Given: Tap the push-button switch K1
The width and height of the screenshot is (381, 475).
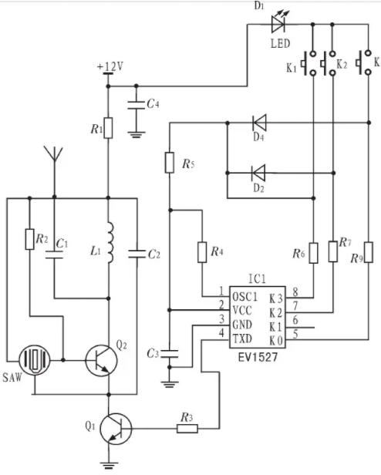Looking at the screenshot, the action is pos(309,63).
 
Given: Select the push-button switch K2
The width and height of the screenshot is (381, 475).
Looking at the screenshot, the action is pos(329,63).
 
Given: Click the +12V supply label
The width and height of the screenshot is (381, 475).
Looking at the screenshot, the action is pos(110,66).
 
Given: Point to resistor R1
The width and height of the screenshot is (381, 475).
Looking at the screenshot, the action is pos(108,128).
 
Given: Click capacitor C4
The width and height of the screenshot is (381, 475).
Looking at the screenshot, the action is pos(136,105).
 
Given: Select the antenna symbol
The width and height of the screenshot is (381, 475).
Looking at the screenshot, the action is pos(54,154).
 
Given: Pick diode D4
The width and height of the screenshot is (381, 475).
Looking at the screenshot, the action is pos(259,123).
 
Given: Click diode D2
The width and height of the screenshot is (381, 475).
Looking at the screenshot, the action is pos(259,173).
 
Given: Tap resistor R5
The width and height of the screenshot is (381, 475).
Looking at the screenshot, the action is pos(170,163).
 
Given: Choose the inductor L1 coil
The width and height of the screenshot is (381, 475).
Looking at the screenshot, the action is pos(110,242).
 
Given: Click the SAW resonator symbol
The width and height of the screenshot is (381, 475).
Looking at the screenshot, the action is pos(34,360).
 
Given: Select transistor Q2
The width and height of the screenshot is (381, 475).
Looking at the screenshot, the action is pos(101,361).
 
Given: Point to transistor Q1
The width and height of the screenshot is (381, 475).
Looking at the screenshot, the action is pos(116,429).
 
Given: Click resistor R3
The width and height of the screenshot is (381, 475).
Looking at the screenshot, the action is pos(187,429).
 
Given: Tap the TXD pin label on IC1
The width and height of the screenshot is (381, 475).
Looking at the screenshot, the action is pos(242,339).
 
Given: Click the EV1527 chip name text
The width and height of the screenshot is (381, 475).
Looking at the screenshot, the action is pos(258,357).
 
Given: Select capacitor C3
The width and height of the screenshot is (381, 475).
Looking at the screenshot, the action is pos(170,353).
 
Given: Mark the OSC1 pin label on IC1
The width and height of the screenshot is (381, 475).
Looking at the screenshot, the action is pos(244,297).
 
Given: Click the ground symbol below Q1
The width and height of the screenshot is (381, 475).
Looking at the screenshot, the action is pos(109,465).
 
